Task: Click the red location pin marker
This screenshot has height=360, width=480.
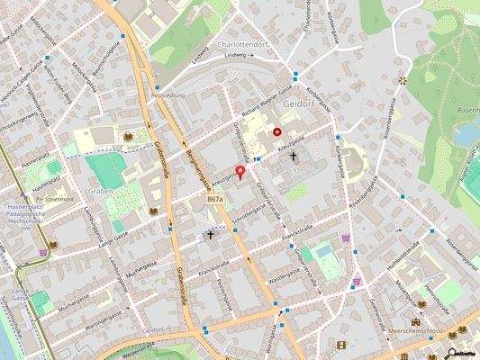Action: (240, 171)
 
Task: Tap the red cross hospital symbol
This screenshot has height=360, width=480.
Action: (277, 132)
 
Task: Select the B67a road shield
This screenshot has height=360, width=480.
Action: (214, 198)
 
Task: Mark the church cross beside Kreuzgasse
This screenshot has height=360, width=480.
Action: (294, 156)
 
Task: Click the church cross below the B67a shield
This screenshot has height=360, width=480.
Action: (211, 235)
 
